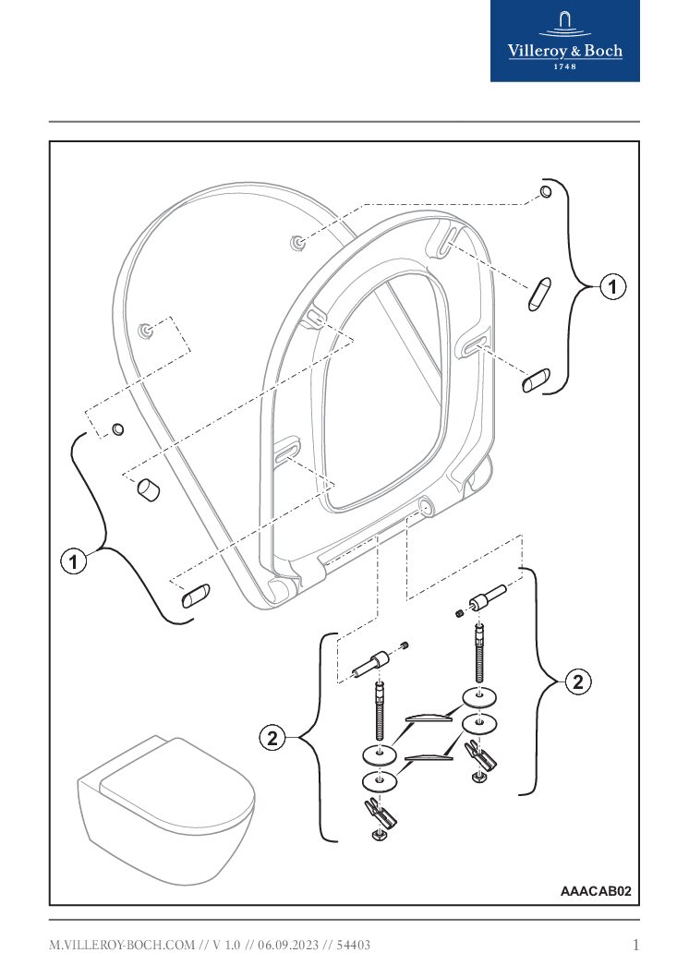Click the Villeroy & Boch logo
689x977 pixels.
pos(564,41)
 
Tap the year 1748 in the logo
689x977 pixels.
pos(564,66)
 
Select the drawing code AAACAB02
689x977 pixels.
pos(596,891)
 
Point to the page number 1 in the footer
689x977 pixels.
pos(635,945)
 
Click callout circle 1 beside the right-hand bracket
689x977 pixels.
pos(611,287)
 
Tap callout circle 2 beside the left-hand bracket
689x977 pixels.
pos(271,738)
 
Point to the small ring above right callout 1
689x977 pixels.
pos(546,192)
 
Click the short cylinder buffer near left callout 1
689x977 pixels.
pos(148,488)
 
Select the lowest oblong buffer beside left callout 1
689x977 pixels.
pos(195,596)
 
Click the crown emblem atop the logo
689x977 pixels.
pos(564,23)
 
